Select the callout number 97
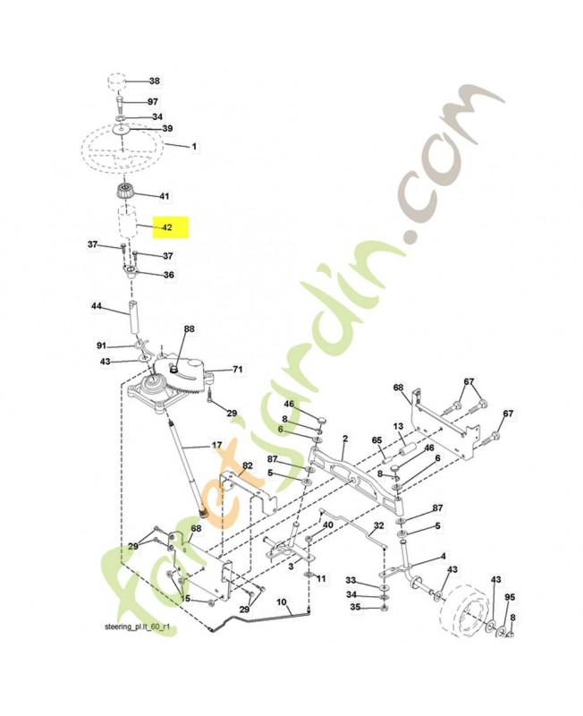tap(154, 102)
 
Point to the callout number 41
tap(164, 196)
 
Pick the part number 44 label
tap(96, 306)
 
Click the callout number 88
tap(189, 330)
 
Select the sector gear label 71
tap(238, 369)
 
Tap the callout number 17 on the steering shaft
tap(216, 444)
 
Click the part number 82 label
tap(248, 467)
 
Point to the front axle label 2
tap(344, 439)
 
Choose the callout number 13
tap(399, 426)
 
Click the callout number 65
tap(376, 440)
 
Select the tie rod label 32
tap(378, 525)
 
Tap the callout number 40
tap(328, 524)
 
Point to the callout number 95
tap(511, 597)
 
